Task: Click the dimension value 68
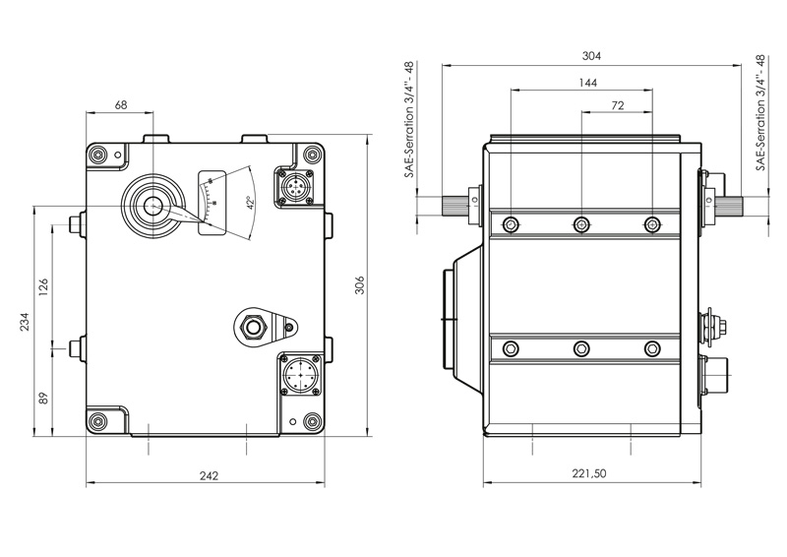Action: tap(121, 104)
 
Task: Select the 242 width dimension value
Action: tap(209, 475)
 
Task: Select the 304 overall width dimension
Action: tap(591, 55)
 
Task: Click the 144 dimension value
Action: tap(588, 84)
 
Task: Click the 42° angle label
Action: tap(251, 204)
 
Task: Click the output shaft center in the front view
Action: tap(152, 206)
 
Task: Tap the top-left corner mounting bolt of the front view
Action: tap(100, 154)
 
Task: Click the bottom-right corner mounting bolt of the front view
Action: tap(312, 422)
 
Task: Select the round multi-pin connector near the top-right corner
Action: tap(292, 185)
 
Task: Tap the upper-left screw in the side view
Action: tap(511, 224)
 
